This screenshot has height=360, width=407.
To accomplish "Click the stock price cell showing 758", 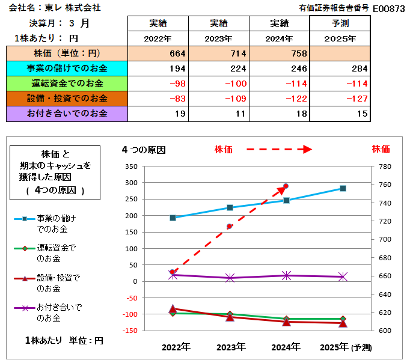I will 280,53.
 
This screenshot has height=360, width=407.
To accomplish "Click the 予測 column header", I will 340,23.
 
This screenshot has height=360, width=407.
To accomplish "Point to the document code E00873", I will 389,8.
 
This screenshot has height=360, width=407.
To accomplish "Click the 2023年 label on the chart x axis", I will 230,347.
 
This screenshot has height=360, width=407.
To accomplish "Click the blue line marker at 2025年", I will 343,188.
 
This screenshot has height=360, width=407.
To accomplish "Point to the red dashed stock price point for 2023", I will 230,227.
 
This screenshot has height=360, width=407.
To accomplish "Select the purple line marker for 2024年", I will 286,275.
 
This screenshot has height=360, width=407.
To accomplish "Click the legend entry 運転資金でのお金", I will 57,253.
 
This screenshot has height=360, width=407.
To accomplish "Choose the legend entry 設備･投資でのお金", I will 58,283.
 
